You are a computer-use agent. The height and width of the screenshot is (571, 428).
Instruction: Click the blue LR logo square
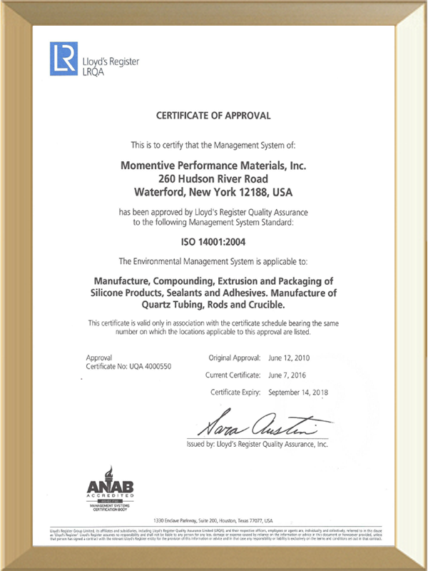point(62,59)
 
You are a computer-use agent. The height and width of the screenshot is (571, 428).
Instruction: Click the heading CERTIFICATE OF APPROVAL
point(213,115)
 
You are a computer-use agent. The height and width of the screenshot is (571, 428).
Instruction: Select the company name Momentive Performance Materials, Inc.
point(213,165)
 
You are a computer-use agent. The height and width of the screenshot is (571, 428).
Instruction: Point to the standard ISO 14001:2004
point(213,243)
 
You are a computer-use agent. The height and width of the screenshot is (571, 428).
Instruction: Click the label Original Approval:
point(235,357)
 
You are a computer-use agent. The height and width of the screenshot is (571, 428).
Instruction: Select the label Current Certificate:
point(233,374)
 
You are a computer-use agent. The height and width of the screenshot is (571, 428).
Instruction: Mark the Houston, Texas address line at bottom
point(213,521)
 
